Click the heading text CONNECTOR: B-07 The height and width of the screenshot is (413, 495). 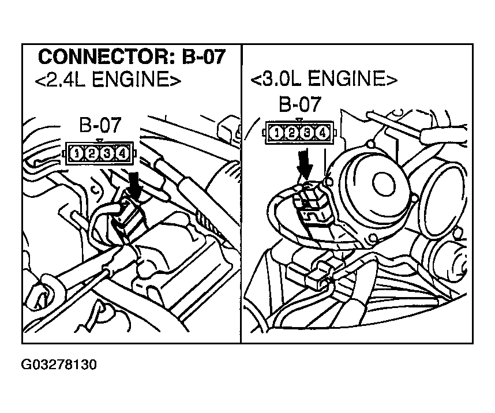coord(132,57)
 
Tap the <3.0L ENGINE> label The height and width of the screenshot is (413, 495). coord(324,78)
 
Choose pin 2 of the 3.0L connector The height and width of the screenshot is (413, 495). coord(292,133)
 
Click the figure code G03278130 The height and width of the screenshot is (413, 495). coord(59,365)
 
